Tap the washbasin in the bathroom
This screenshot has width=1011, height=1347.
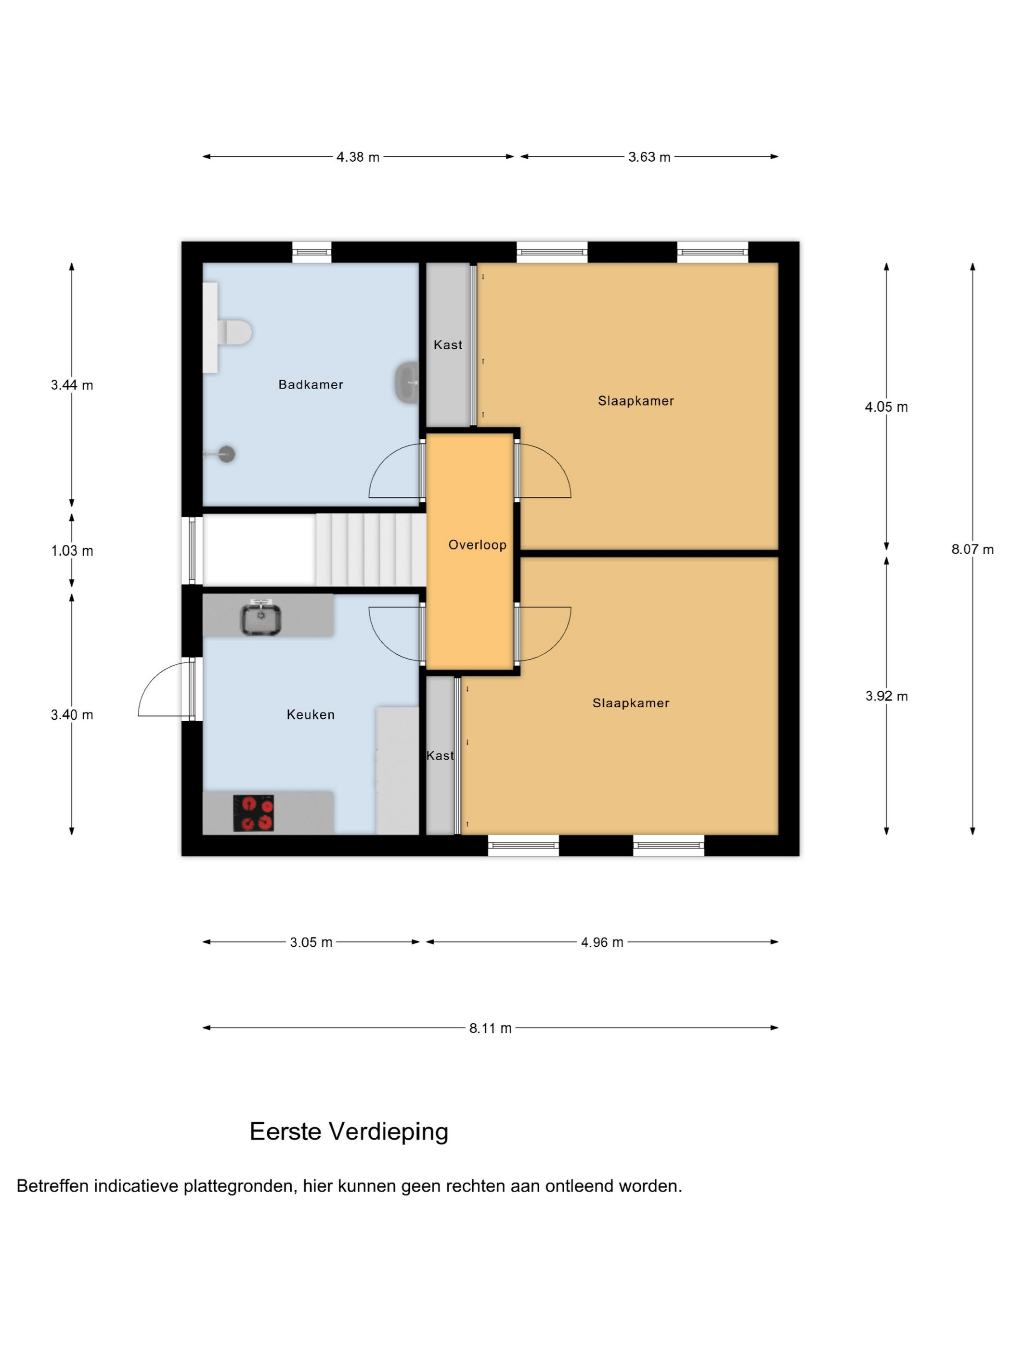pos(406,382)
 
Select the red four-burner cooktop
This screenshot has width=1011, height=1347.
pos(254,813)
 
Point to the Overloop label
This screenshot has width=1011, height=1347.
pos(477,545)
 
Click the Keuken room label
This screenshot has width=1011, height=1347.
pos(311,714)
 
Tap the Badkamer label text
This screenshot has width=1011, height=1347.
pos(311,384)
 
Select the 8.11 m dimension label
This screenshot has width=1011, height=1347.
pos(490,1028)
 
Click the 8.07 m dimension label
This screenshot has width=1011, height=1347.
pos(972,549)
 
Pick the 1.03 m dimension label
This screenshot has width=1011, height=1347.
pos(72,550)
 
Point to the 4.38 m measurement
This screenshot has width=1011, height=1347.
pos(358,157)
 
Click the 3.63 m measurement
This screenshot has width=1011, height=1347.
pos(649,157)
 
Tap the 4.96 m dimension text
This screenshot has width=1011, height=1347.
pos(602,942)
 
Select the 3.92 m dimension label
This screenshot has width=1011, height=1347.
pos(886,696)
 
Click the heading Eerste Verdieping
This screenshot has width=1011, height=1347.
pos(349,1131)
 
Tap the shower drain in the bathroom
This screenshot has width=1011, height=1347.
pos(226,454)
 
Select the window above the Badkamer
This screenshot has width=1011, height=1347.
pos(311,252)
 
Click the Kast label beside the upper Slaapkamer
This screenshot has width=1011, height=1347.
pos(448,344)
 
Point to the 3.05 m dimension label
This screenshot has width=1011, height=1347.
pos(311,942)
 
